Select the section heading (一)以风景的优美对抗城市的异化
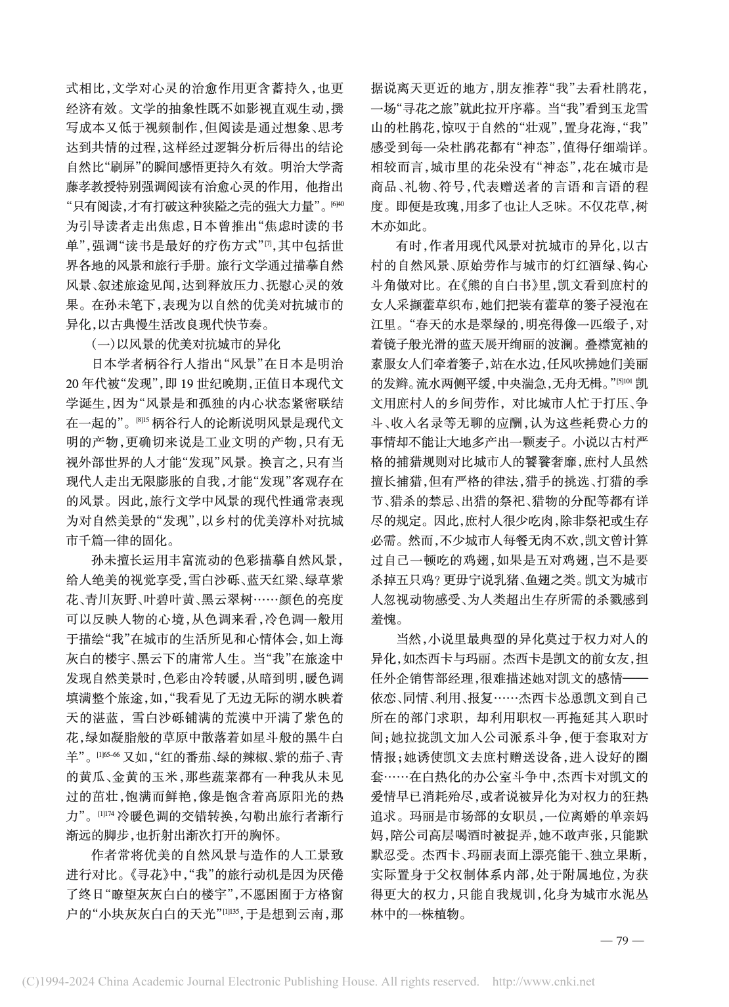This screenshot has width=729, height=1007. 185,343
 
